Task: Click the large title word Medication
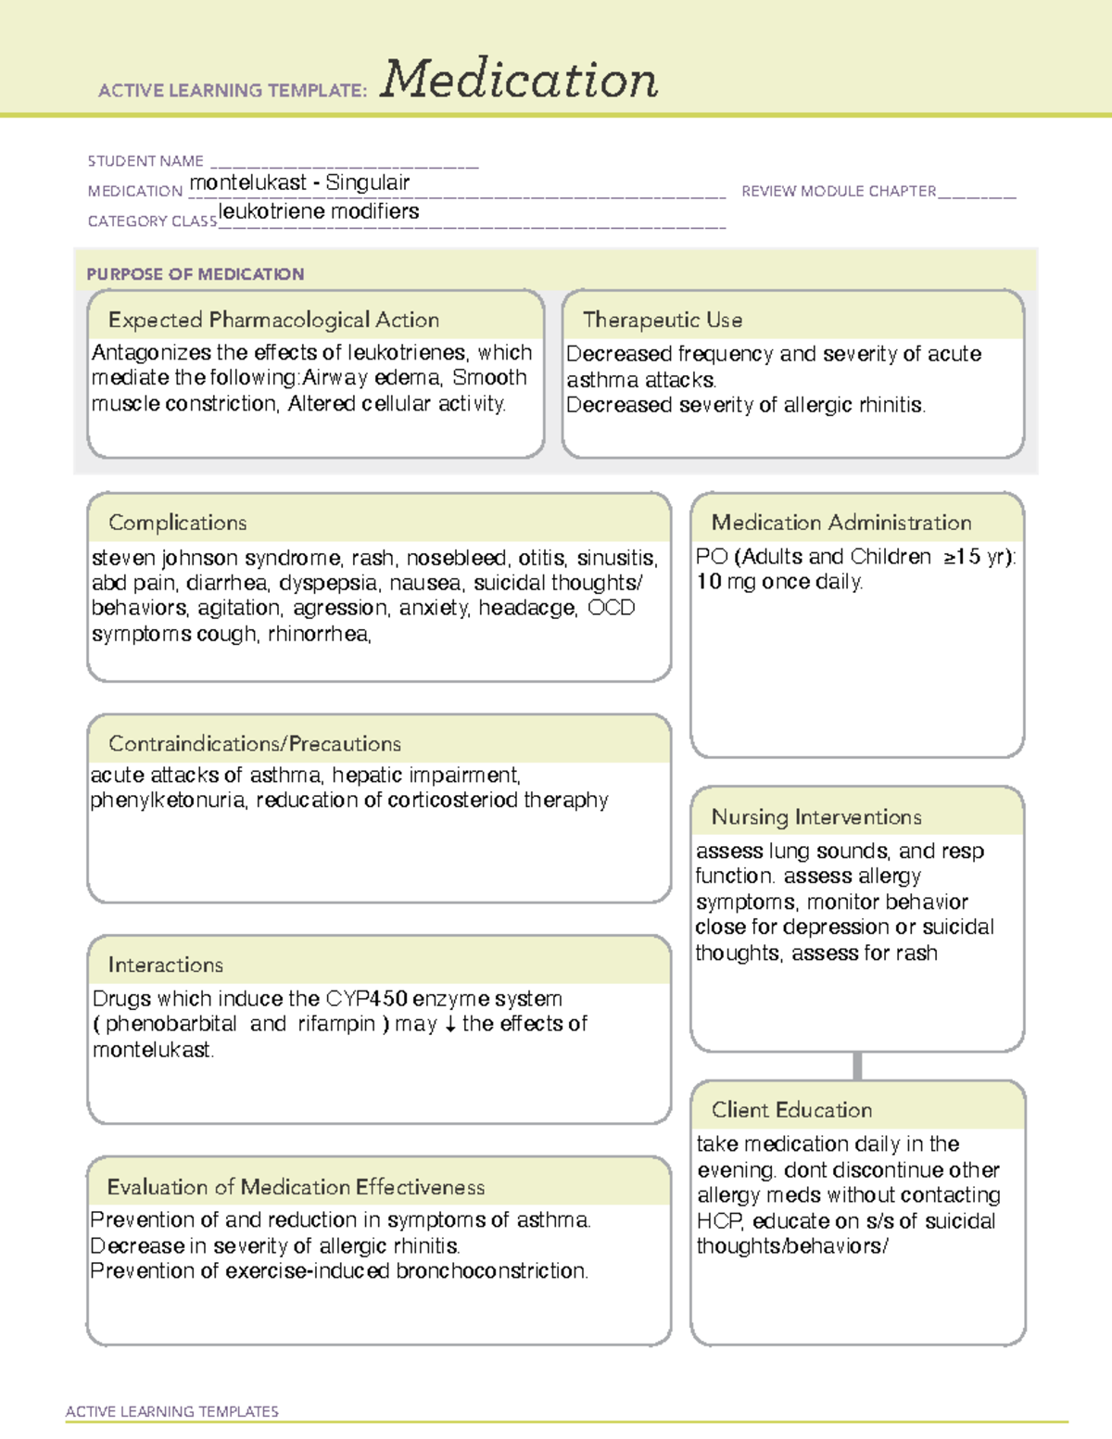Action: (519, 80)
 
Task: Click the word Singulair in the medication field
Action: (368, 183)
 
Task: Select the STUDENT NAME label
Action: (145, 161)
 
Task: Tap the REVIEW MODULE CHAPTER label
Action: (839, 191)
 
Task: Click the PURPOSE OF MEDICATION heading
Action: (196, 274)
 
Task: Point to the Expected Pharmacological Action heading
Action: (273, 320)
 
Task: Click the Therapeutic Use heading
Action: (663, 320)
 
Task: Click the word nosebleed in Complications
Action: (457, 558)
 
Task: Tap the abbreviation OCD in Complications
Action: (612, 608)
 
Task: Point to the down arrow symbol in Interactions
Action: (449, 1025)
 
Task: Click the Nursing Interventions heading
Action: (816, 817)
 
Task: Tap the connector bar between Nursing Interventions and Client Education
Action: (857, 1066)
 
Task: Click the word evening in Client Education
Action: (736, 1170)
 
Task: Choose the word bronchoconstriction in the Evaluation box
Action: (491, 1271)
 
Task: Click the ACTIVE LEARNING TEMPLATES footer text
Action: (172, 1411)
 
